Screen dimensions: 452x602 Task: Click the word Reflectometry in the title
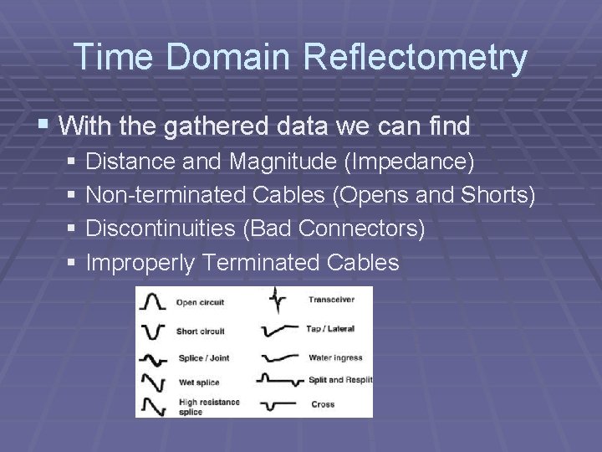point(416,58)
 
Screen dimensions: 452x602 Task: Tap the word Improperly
point(141,263)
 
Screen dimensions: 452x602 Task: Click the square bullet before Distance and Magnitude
point(73,160)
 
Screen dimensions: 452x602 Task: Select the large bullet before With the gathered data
point(44,126)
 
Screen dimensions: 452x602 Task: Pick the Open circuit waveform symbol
point(154,301)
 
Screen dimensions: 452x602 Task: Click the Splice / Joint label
point(203,358)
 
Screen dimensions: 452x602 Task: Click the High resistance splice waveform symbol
point(154,406)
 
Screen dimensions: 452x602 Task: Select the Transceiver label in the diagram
point(331,300)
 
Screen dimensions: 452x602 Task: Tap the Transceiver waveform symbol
point(277,300)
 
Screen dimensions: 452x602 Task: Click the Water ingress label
point(334,357)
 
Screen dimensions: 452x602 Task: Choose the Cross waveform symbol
point(277,405)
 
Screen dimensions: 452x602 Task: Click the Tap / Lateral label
point(331,329)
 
